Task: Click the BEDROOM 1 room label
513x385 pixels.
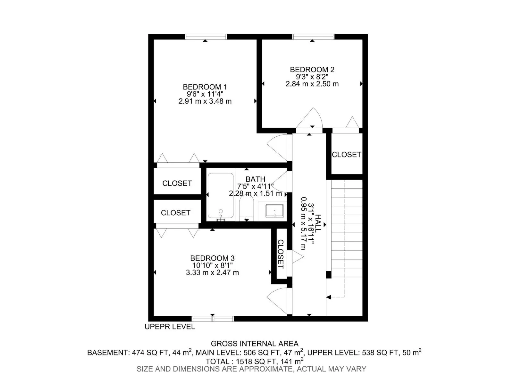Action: [x=205, y=87]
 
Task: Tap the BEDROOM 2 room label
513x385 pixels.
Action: [x=312, y=69]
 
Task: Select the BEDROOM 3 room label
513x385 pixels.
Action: [x=212, y=258]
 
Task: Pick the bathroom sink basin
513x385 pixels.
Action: [x=274, y=211]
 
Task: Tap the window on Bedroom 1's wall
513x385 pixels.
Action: [x=206, y=37]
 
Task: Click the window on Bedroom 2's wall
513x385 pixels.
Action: [x=313, y=37]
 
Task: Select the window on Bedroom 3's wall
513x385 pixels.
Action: [x=213, y=319]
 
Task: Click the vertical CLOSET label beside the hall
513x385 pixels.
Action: [x=280, y=254]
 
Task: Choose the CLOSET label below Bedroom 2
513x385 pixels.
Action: [x=346, y=155]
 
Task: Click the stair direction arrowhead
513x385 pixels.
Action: [x=329, y=297]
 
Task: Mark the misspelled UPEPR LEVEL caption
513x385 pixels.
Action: [x=170, y=327]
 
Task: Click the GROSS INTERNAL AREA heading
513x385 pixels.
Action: [x=255, y=344]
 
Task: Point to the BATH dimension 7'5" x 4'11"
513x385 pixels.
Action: [x=255, y=186]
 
